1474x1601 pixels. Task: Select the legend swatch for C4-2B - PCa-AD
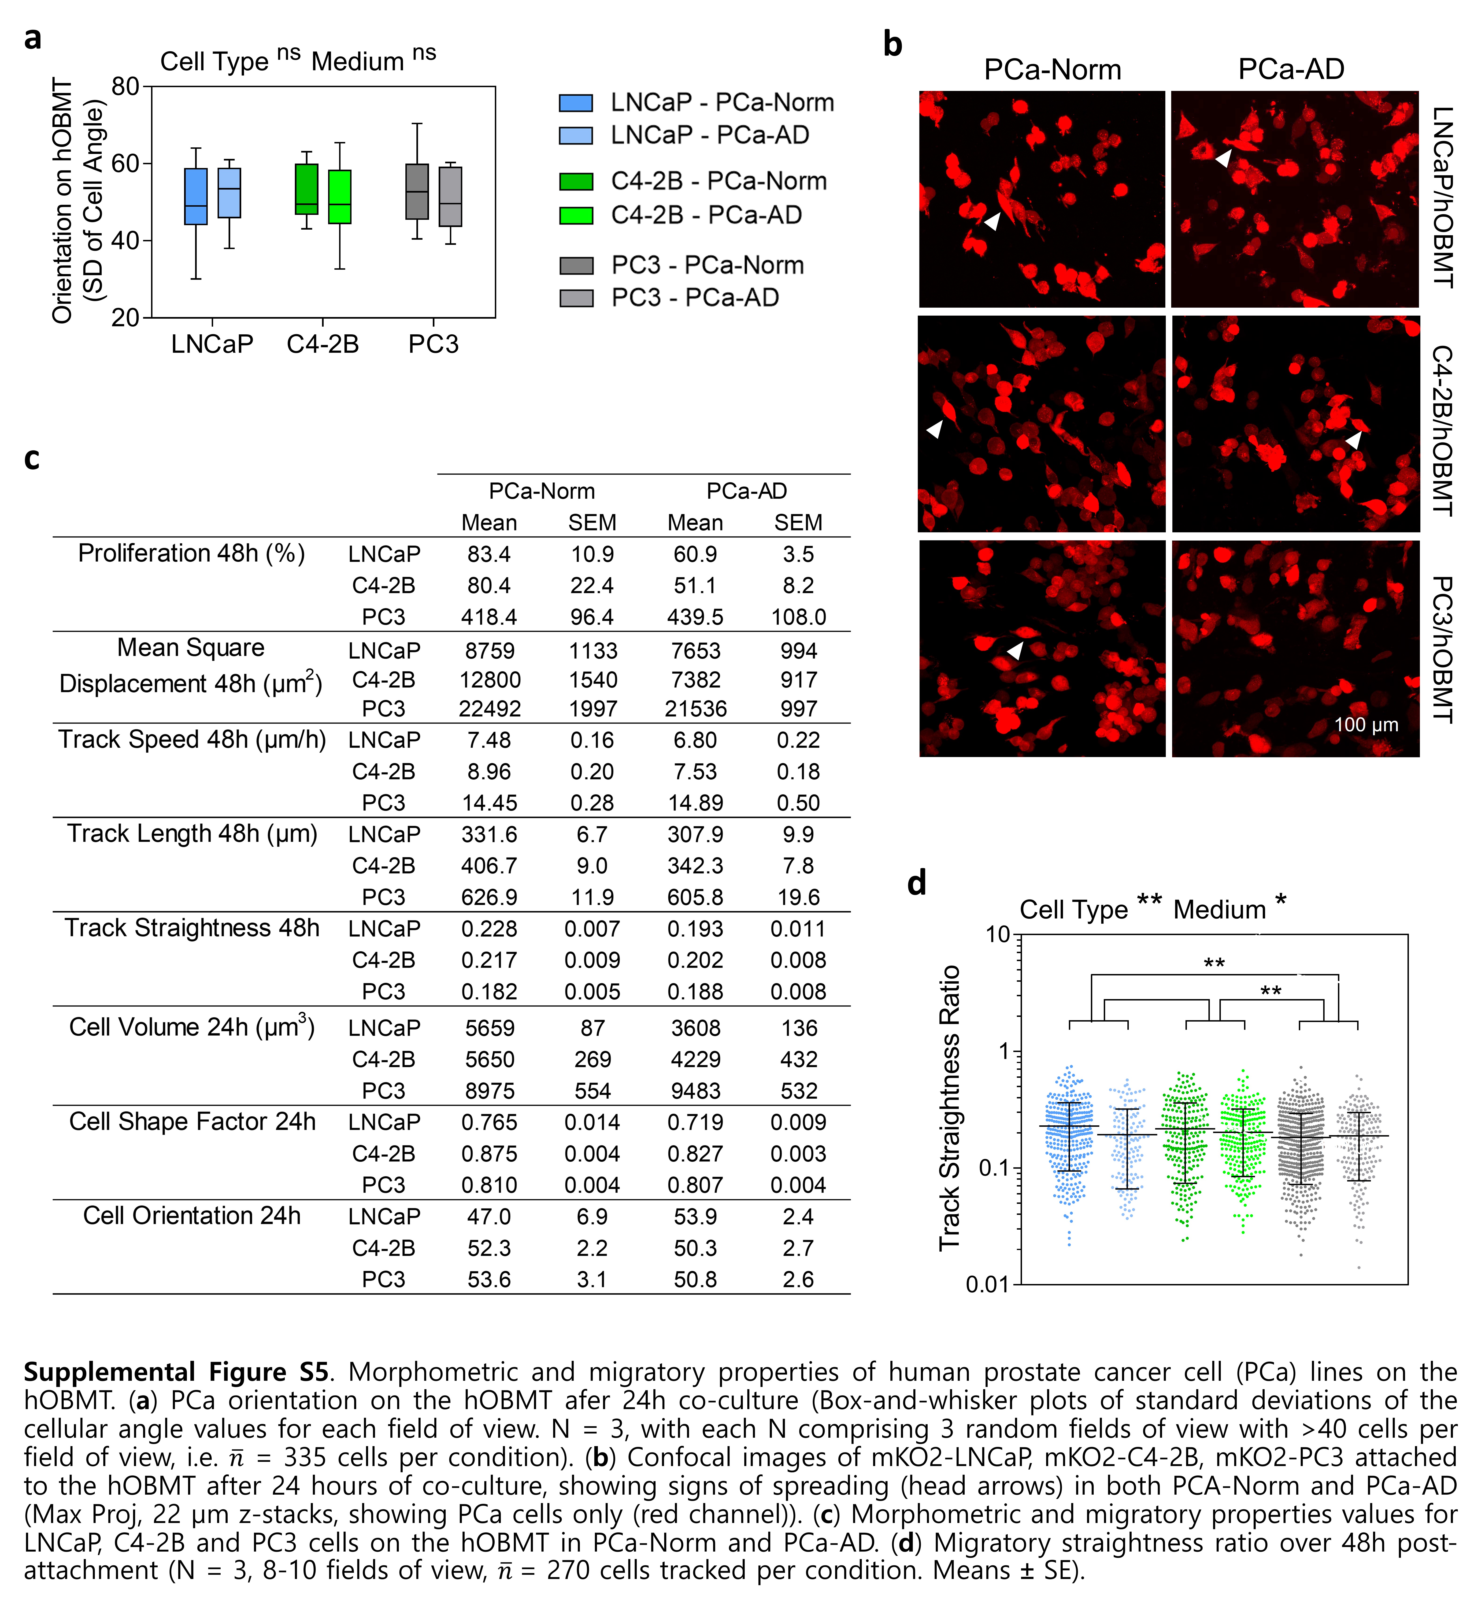coord(576,216)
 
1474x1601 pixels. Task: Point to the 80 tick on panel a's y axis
coord(125,86)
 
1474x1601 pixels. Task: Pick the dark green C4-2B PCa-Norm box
coord(306,189)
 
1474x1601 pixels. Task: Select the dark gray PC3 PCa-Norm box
coord(417,192)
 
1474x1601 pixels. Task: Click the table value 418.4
coord(489,617)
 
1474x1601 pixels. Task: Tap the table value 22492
coord(490,709)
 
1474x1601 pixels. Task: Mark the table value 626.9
coord(489,897)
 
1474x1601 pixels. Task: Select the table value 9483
coord(696,1091)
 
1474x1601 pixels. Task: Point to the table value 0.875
coord(489,1154)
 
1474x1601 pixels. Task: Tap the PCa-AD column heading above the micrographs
coord(1291,69)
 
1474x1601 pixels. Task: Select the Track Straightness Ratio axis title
coord(949,1108)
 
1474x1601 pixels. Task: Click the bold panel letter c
coord(32,459)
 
